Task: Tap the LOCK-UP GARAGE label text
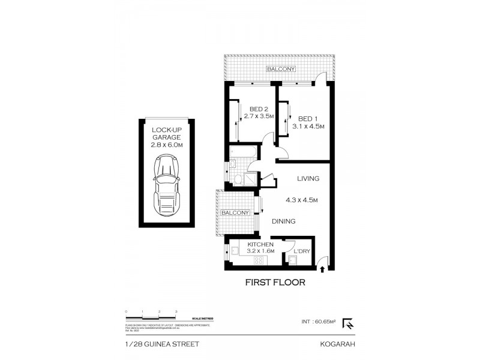tap(166, 137)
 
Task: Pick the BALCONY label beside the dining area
tap(235, 213)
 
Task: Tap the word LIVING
tap(307, 179)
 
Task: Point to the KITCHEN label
tap(261, 245)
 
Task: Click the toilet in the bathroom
tap(238, 179)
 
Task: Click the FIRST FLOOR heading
tap(275, 282)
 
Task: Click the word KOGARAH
tap(338, 344)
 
